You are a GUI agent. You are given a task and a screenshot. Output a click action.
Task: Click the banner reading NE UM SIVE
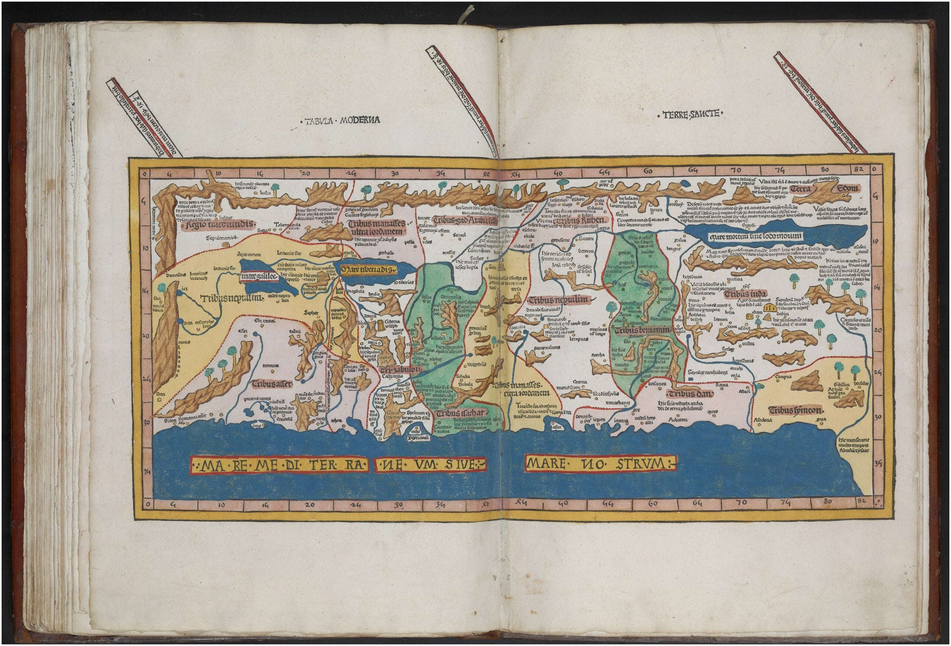click(x=431, y=464)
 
